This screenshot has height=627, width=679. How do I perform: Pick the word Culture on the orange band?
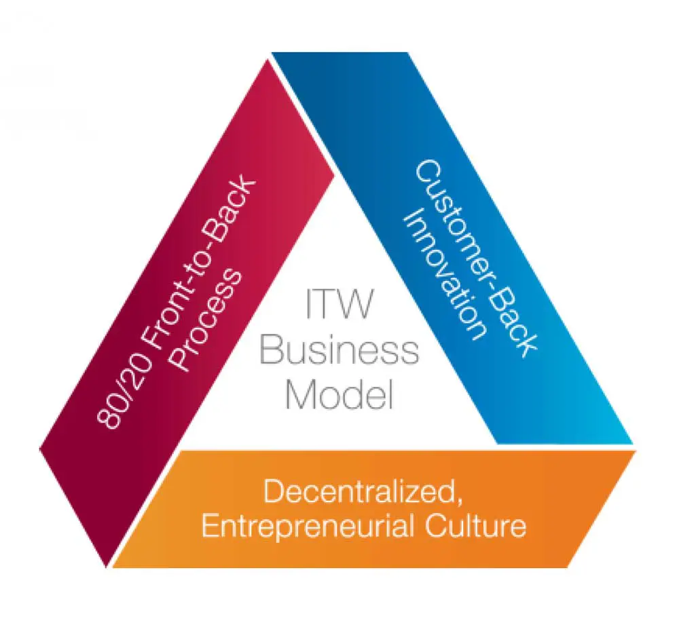pos(485,527)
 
